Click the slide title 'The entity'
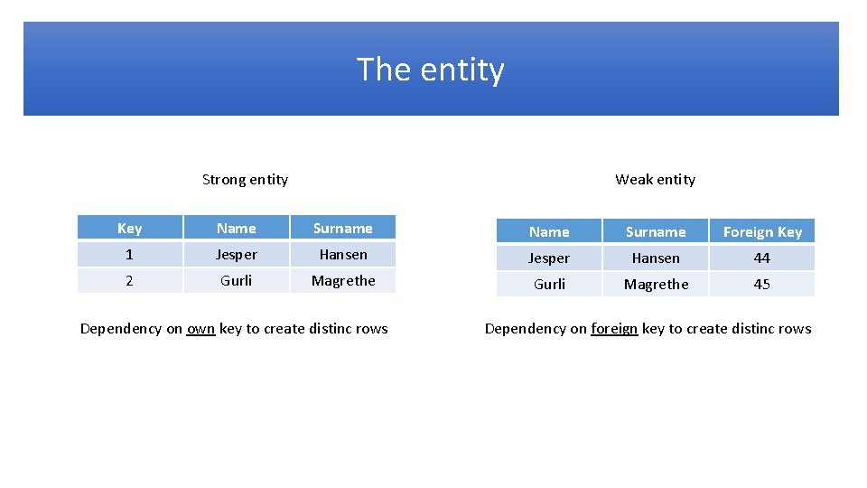pos(431,70)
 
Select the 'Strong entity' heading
pos(245,179)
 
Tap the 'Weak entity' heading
pos(655,179)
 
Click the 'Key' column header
pos(129,229)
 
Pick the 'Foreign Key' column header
pos(762,232)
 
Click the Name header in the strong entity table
pos(236,229)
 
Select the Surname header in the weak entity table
pos(656,232)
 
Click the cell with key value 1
pos(129,255)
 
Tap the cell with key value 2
pos(129,280)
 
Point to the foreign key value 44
pos(762,258)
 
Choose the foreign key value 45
pos(762,284)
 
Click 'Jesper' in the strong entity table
pos(236,255)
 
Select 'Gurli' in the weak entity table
pos(549,284)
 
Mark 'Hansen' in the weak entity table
pos(656,258)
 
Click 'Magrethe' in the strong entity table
pos(343,280)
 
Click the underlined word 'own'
pos(200,328)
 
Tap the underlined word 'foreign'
pos(614,328)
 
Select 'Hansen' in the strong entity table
pos(343,255)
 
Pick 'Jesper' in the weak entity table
pos(549,258)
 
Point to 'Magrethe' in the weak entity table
pos(656,284)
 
